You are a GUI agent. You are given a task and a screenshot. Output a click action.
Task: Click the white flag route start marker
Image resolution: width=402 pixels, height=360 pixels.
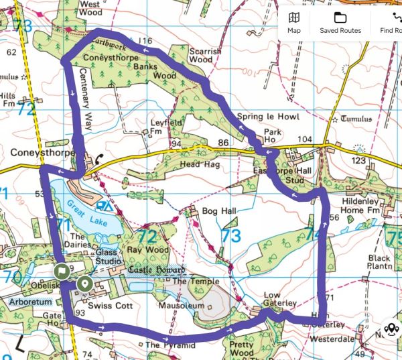62,272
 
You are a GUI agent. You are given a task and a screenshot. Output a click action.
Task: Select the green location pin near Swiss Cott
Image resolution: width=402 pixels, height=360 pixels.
84,284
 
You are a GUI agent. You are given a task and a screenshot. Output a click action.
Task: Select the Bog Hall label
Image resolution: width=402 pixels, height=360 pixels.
220,211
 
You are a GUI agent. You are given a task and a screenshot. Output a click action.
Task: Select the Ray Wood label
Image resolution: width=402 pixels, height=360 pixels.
151,249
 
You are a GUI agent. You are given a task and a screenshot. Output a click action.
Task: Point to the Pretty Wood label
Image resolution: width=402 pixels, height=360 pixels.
241,349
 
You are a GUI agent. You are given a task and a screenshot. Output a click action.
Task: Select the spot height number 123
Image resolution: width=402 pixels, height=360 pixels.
359,161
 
